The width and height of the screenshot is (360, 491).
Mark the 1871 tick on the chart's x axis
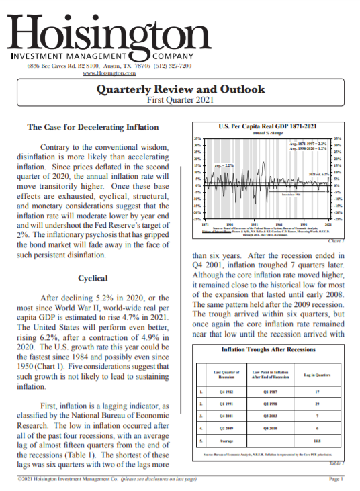pyautogui.click(x=205, y=223)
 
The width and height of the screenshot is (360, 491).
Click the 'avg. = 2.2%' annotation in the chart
pyautogui.click(x=224, y=165)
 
